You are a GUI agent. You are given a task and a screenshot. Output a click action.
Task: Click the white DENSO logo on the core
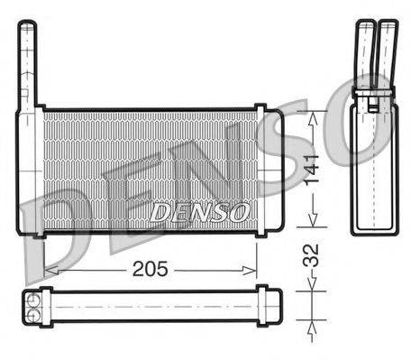[x=199, y=213]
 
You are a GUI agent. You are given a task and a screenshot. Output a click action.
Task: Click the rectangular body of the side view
[x=372, y=162]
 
